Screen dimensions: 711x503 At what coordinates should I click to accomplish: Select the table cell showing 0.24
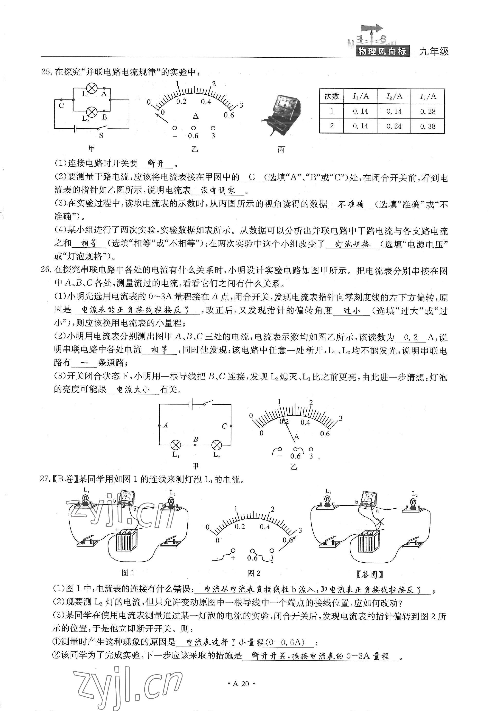(394, 126)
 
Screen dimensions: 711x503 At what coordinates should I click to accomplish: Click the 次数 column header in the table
(332, 96)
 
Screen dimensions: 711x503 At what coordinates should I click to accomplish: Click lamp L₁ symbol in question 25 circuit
(92, 88)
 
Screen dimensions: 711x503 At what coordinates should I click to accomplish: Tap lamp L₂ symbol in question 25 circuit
(92, 111)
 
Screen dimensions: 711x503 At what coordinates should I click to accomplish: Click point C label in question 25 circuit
(61, 106)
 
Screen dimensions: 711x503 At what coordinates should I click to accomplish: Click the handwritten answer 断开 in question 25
(155, 163)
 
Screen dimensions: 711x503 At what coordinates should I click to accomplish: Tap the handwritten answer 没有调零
(218, 190)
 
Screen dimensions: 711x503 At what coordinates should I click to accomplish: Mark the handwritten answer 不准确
(350, 204)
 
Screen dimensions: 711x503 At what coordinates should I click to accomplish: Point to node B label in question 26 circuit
(195, 439)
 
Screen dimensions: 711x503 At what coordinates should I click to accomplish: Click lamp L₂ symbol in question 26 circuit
(217, 445)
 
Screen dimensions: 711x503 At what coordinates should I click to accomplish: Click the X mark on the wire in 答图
(380, 522)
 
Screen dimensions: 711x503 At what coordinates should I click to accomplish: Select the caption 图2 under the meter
(254, 573)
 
